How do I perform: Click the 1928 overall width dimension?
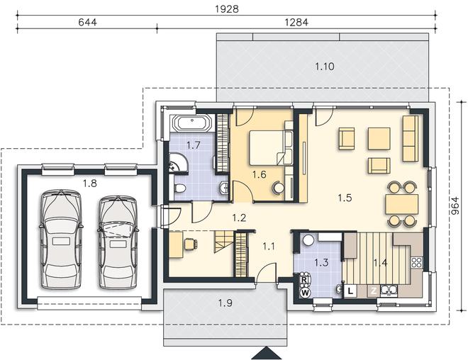point(227,9)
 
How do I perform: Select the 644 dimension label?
point(87,22)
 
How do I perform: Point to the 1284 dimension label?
point(296,22)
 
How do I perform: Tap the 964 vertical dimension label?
point(455,206)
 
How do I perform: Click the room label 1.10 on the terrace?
point(325,66)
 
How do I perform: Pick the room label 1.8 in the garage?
point(90,184)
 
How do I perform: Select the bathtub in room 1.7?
point(191,123)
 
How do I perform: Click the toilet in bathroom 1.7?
point(179,189)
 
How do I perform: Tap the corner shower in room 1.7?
point(178,162)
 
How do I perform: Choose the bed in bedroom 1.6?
point(266,147)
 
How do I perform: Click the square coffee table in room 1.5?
point(379,138)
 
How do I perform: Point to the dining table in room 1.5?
point(402,204)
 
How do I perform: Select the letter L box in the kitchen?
point(351,291)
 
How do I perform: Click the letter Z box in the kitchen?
point(374,291)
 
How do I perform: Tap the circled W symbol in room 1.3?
point(305,293)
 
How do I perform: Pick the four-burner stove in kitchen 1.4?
point(416,262)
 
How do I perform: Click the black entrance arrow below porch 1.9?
point(267,353)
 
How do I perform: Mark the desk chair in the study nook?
point(191,244)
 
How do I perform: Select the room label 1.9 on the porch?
point(225,303)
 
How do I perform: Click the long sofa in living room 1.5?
point(411,138)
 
